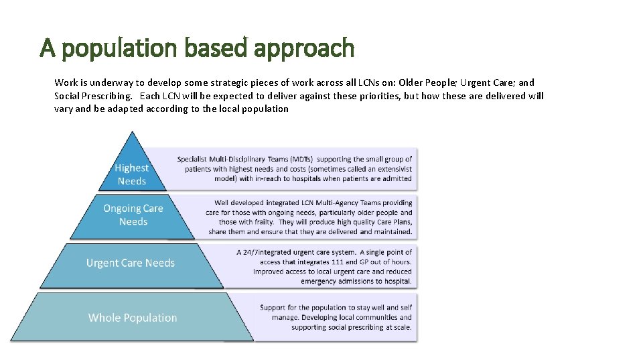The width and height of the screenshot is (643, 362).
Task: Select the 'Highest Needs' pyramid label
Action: [x=131, y=174]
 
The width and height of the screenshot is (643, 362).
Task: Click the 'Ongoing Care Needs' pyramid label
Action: [x=133, y=215]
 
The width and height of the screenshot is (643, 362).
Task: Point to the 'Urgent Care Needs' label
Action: [x=131, y=263]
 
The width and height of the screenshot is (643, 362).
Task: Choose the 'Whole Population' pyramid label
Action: [x=133, y=318]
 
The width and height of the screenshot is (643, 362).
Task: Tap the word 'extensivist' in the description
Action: [x=392, y=170]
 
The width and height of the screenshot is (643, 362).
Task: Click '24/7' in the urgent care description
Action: [x=257, y=253]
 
